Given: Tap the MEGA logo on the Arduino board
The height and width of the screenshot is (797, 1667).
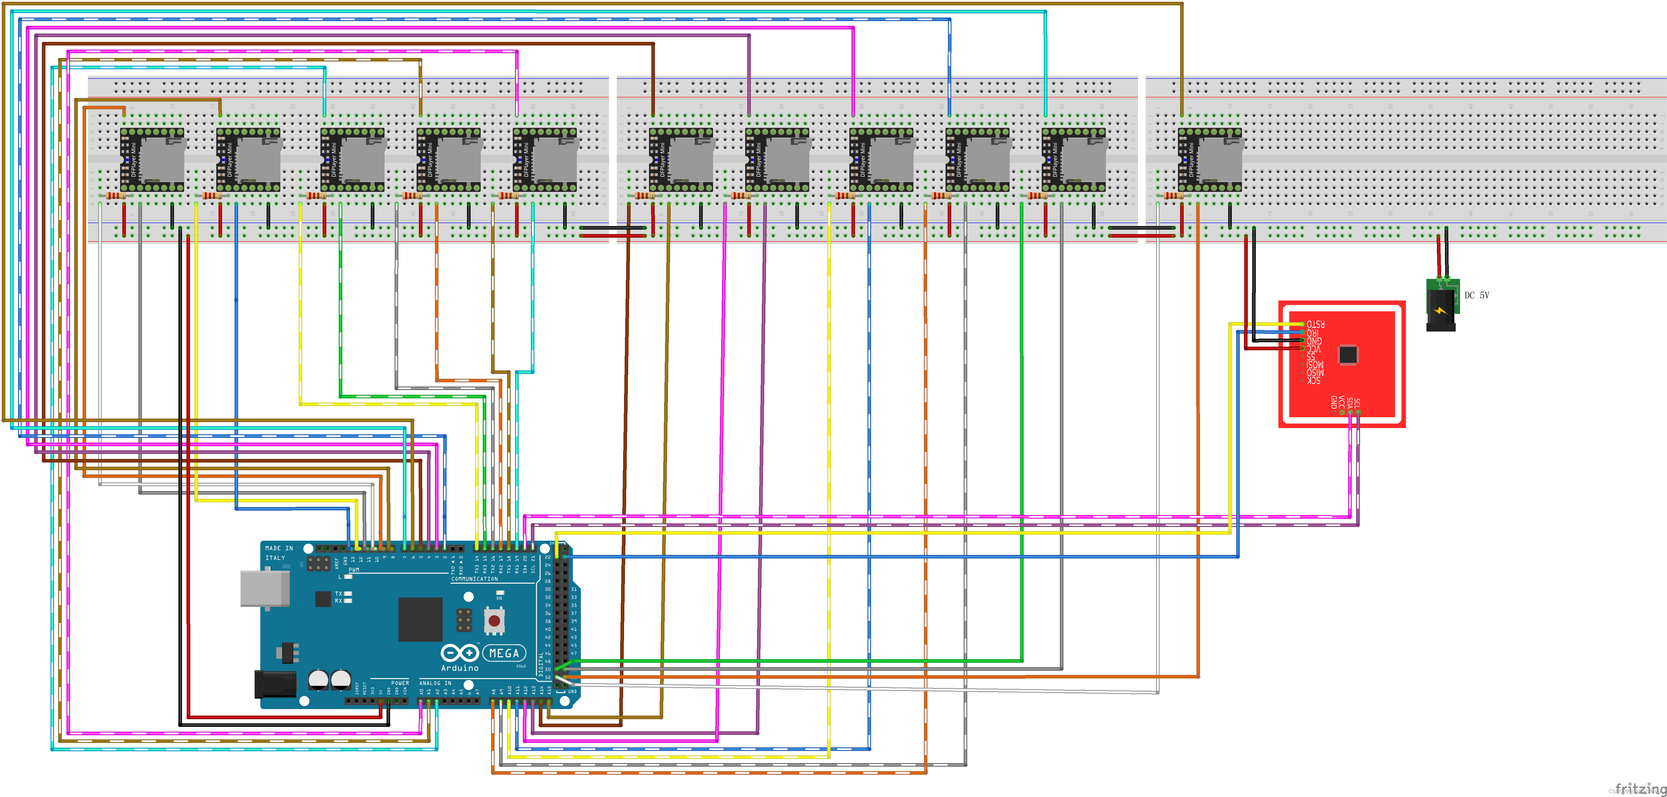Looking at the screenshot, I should coord(504,653).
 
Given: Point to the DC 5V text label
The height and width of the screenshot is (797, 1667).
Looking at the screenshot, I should coord(1477,295).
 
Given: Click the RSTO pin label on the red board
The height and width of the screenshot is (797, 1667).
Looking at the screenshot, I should coord(1315,324).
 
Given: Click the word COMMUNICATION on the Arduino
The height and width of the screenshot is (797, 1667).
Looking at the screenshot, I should coord(474,579).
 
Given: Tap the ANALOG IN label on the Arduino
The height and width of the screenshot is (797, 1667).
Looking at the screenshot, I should coord(435,683).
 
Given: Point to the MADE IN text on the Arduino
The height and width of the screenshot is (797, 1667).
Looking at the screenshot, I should coord(279,548).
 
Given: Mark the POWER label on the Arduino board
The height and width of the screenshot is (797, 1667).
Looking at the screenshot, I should coord(400,683).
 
